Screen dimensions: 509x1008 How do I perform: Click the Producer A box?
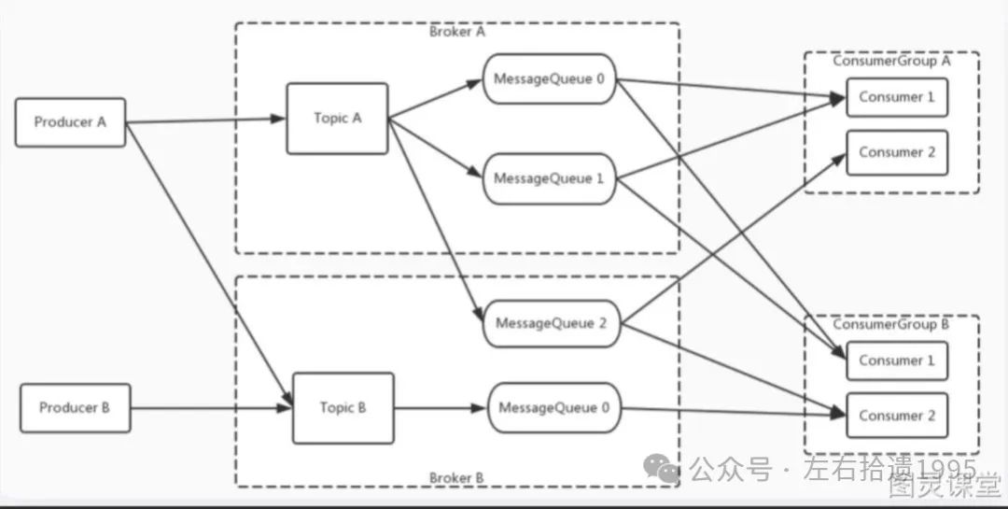pyautogui.click(x=70, y=121)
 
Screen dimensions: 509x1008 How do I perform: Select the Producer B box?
pyautogui.click(x=75, y=407)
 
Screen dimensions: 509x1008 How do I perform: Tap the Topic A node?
pyautogui.click(x=337, y=119)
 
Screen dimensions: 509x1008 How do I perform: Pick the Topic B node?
pyautogui.click(x=343, y=408)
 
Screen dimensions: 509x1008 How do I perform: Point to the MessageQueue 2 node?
pyautogui.click(x=552, y=324)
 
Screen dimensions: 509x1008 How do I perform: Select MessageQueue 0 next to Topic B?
pyautogui.click(x=553, y=408)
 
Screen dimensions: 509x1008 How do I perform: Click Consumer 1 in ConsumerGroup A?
pyautogui.click(x=897, y=97)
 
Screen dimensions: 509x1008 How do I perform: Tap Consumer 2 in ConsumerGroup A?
pyautogui.click(x=897, y=152)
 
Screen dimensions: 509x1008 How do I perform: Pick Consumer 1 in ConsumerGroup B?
pyautogui.click(x=897, y=361)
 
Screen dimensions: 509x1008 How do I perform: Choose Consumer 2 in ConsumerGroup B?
pyautogui.click(x=897, y=416)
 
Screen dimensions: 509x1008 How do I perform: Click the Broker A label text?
pyautogui.click(x=457, y=32)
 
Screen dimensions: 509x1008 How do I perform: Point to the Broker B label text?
pyautogui.click(x=457, y=478)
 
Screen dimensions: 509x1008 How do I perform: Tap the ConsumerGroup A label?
pyautogui.click(x=891, y=61)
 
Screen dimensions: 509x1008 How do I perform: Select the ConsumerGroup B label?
pyautogui.click(x=891, y=325)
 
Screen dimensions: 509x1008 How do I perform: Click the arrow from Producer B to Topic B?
pyautogui.click(x=210, y=408)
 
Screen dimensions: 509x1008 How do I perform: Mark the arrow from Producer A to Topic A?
pyautogui.click(x=205, y=120)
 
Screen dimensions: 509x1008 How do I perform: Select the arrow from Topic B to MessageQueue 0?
pyautogui.click(x=440, y=408)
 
